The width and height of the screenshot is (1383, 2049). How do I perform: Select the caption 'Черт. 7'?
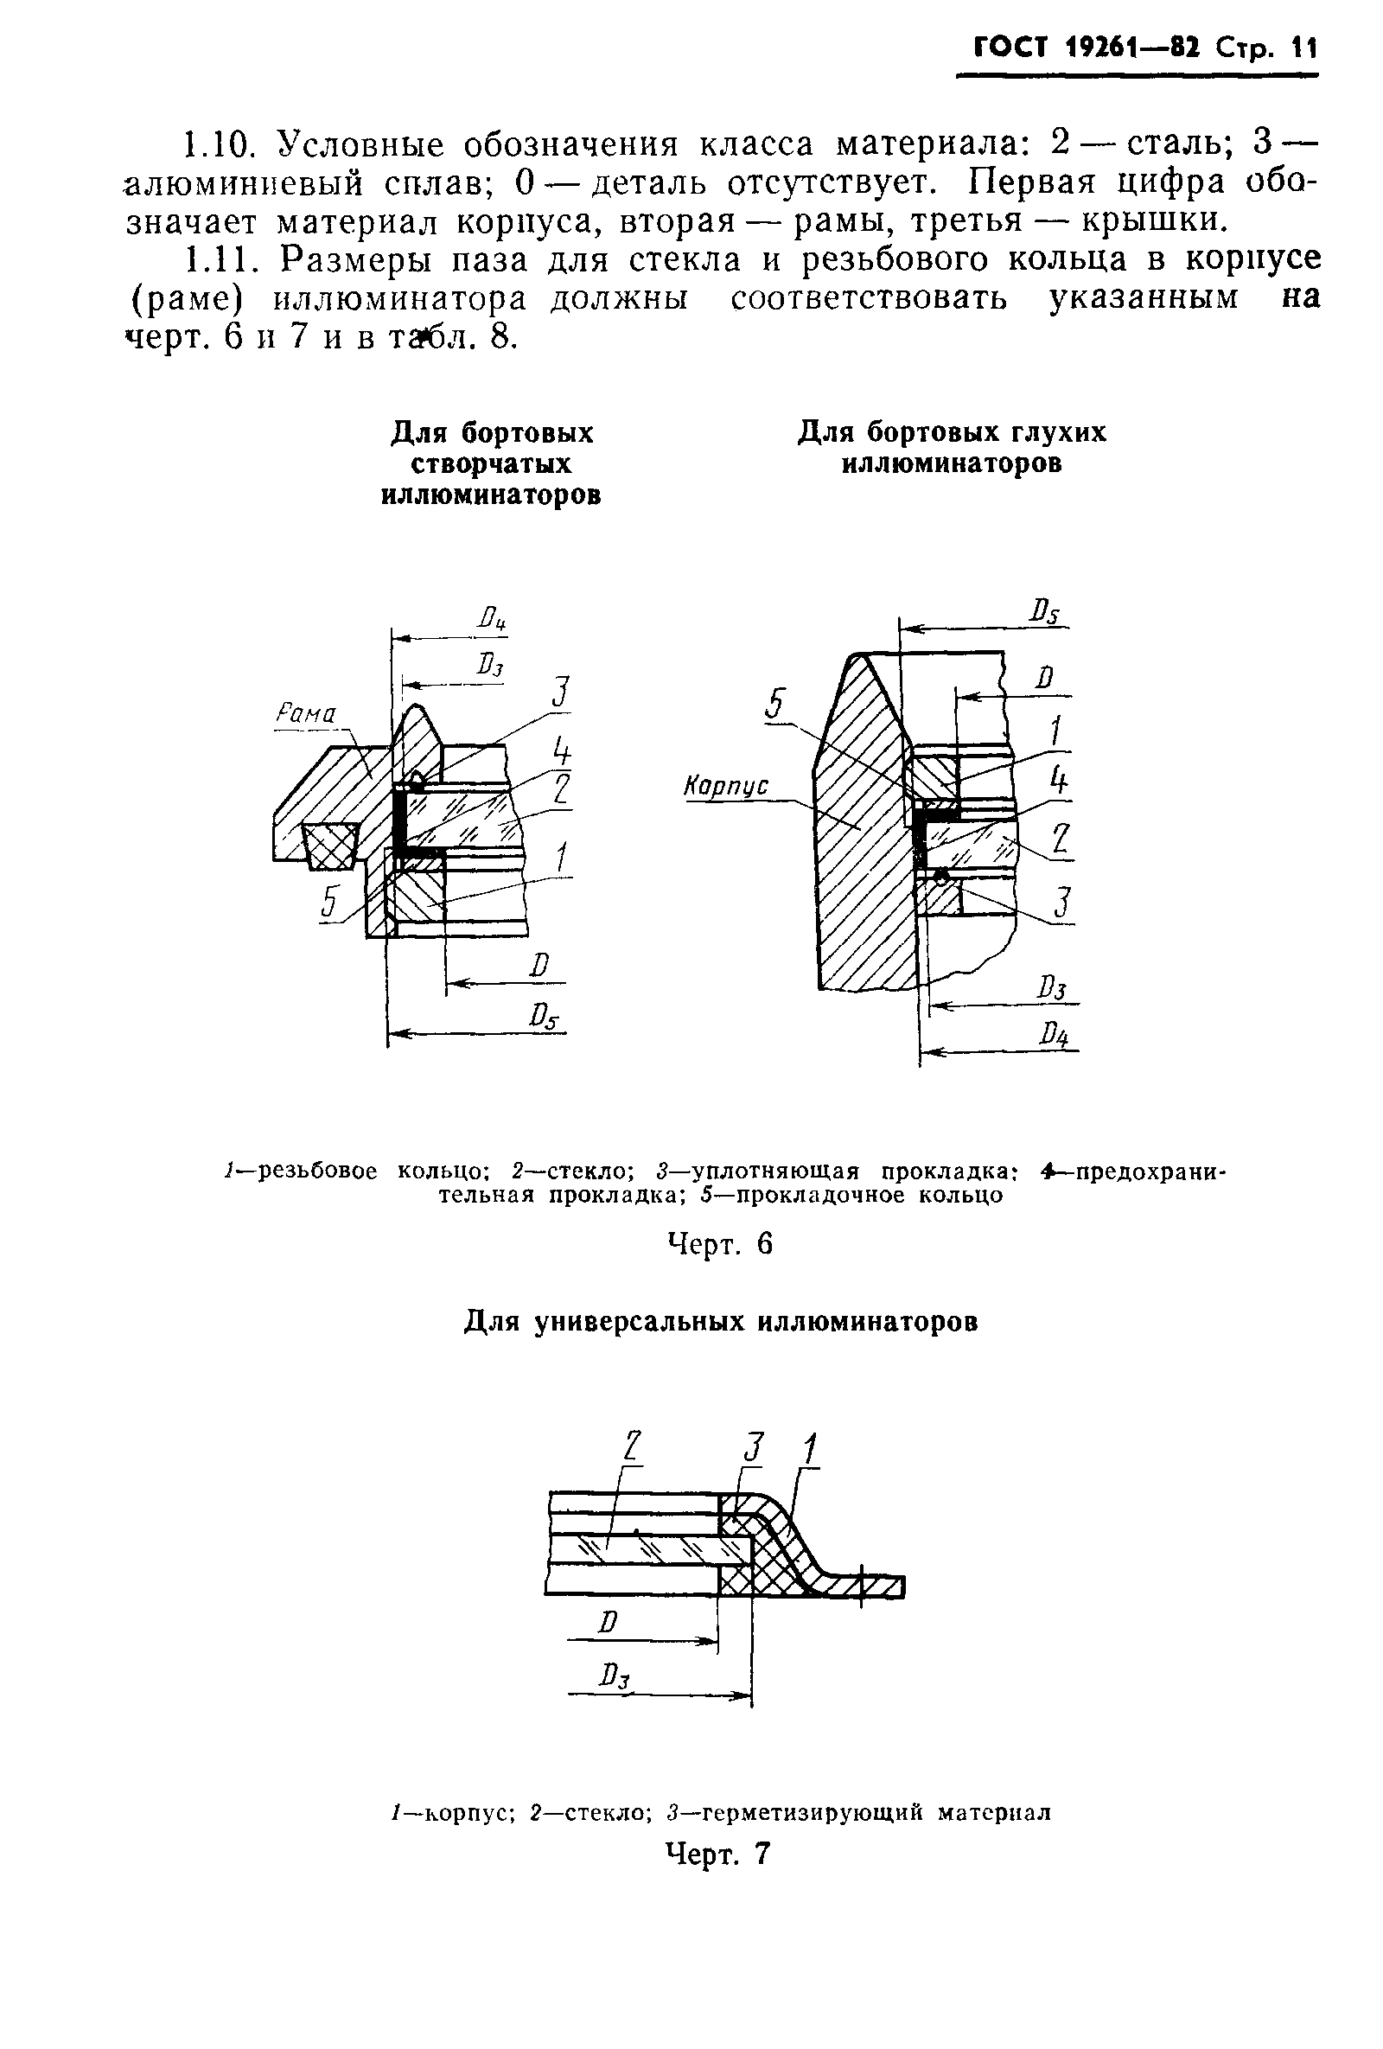[x=718, y=1854]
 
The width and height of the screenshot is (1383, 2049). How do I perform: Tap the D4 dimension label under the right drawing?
[x=1054, y=1033]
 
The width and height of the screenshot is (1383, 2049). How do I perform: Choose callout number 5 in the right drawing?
[x=774, y=706]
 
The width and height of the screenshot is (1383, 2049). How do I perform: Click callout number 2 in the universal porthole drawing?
[x=631, y=1450]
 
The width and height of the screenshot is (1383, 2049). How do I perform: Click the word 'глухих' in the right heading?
[x=1053, y=433]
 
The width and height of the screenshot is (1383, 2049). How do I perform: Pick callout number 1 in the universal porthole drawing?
[x=809, y=1450]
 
